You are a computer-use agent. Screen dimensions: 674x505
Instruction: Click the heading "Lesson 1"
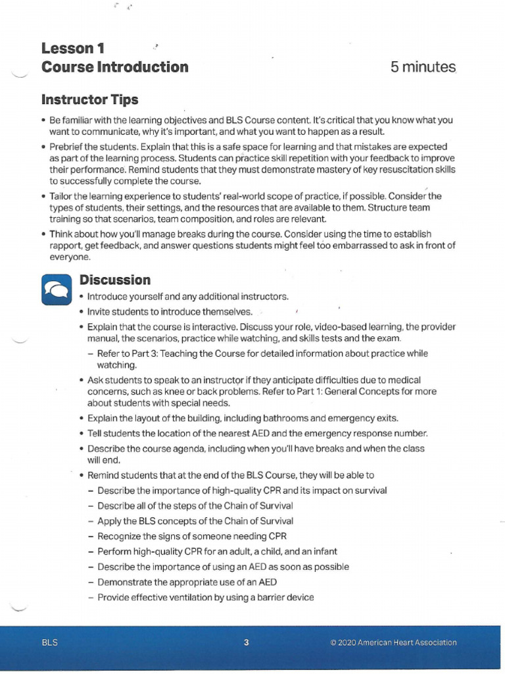click(x=72, y=48)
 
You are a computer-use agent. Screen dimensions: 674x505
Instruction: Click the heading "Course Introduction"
click(x=114, y=67)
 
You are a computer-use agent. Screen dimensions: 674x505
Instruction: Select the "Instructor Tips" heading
click(x=89, y=100)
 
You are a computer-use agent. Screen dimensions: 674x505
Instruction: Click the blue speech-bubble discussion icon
click(x=56, y=288)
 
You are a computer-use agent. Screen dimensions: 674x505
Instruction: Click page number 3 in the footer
click(x=247, y=643)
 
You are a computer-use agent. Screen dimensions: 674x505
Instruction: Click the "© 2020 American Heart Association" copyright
click(x=393, y=643)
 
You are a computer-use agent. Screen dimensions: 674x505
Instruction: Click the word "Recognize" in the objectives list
click(x=118, y=536)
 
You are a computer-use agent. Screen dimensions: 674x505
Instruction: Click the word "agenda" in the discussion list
click(x=187, y=449)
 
